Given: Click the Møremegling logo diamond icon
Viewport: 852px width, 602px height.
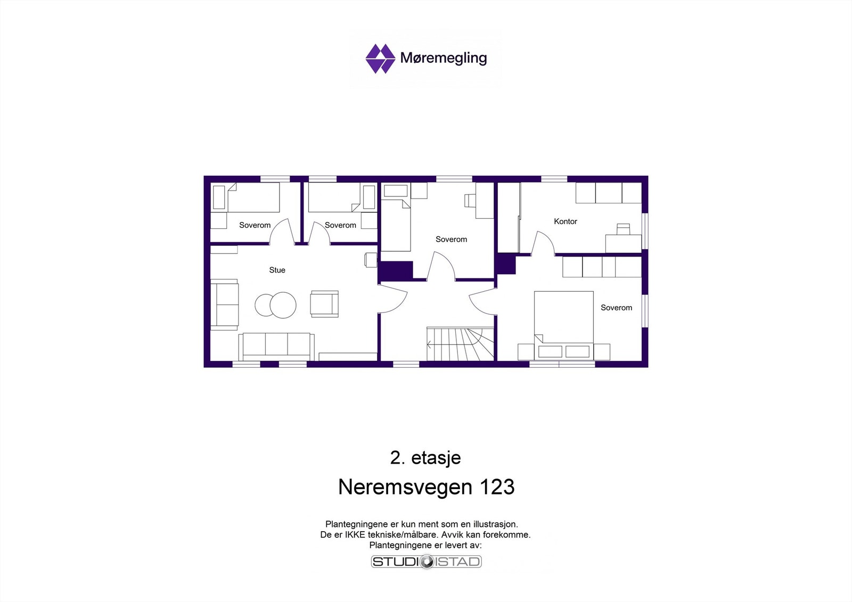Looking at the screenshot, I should [380, 59].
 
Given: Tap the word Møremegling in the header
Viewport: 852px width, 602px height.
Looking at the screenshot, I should [443, 57].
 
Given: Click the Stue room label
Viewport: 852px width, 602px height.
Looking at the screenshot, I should [277, 270].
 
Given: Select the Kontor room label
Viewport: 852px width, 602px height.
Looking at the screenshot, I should [565, 221].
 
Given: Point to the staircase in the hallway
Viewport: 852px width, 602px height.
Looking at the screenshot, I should [460, 344].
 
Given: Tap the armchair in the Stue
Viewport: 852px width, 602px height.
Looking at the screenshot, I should [324, 304].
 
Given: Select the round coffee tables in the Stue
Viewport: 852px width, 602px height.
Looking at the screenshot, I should [275, 305].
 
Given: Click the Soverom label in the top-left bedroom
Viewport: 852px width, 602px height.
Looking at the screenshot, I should [255, 225].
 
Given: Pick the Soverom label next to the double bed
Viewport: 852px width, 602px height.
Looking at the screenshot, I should [616, 308].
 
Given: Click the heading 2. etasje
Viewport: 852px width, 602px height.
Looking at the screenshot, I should [425, 458].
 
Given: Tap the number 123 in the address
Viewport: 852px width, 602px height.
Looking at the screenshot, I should [497, 487].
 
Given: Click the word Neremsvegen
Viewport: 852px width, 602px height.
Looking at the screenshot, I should [405, 487].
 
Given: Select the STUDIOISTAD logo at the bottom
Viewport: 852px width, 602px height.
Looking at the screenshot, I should [426, 562].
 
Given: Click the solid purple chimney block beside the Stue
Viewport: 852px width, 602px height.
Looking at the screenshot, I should [396, 270].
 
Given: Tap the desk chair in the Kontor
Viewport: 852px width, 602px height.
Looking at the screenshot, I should [623, 229].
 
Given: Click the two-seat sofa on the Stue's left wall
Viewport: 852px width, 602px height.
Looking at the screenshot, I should [224, 304].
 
